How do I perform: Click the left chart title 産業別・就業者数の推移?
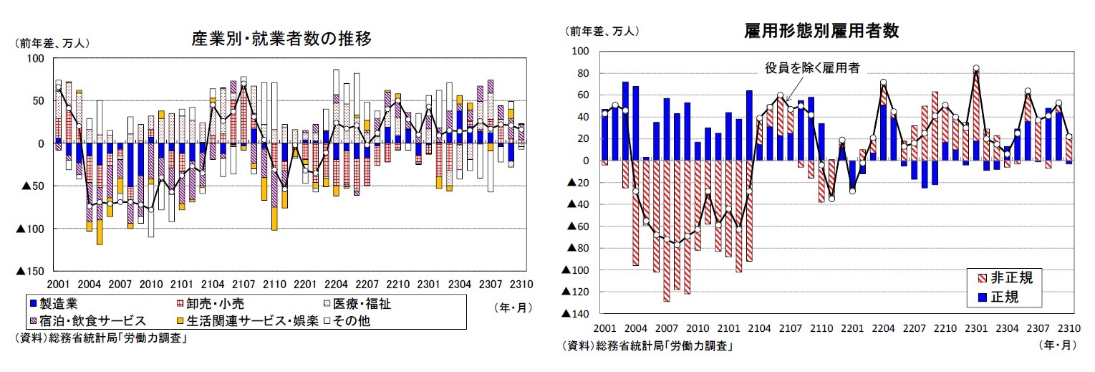(x=281, y=39)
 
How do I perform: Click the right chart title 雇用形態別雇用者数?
(x=821, y=31)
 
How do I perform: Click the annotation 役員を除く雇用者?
(x=812, y=68)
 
